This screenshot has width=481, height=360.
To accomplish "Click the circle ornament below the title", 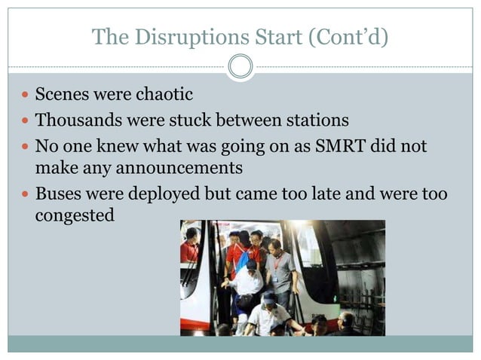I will [240, 67].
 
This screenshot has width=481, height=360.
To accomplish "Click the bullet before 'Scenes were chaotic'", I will [26, 96].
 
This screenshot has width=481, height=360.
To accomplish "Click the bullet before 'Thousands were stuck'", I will [26, 120].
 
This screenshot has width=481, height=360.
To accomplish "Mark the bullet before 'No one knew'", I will [26, 145].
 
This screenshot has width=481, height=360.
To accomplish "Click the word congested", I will [75, 215].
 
